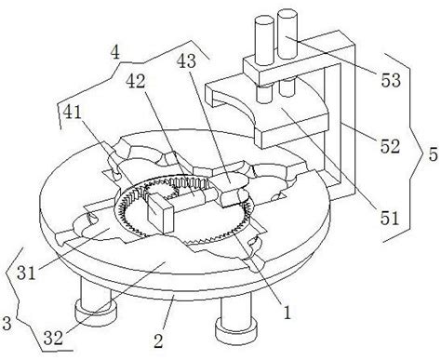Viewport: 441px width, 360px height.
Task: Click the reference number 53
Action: pos(391,80)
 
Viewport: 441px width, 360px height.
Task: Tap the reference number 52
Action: pos(390,146)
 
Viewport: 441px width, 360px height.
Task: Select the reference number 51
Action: pos(390,219)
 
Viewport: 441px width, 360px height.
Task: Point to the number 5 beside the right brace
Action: pos(433,154)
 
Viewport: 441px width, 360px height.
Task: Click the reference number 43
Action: pos(186,61)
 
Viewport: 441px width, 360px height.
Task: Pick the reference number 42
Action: pos(135,81)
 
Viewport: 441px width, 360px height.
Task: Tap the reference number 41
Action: pos(72,112)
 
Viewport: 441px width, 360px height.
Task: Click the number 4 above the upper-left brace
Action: pos(114,53)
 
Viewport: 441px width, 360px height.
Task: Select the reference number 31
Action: pos(26,273)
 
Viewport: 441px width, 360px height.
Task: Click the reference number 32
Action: pos(53,338)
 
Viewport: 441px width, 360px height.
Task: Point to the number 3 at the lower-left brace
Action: pos(7,323)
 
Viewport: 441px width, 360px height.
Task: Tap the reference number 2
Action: pos(158,341)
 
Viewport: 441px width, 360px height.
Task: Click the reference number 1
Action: pos(287,313)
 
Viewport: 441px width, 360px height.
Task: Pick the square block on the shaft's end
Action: pos(160,214)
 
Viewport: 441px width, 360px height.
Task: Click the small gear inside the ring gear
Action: pos(161,189)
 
